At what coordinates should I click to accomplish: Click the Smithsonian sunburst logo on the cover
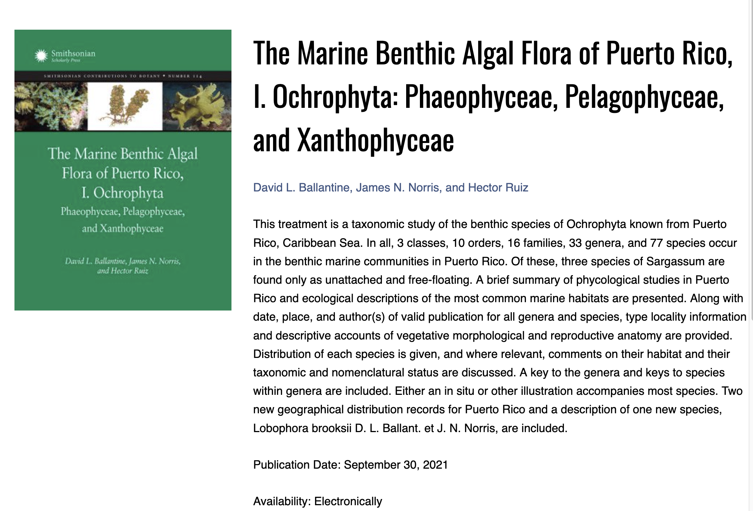click(41, 55)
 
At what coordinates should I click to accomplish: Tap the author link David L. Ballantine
click(302, 187)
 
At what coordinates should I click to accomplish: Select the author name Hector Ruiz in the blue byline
click(498, 187)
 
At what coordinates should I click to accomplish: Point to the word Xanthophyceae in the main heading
click(375, 140)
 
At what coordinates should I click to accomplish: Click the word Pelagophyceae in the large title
click(644, 97)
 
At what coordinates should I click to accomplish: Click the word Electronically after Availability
click(348, 501)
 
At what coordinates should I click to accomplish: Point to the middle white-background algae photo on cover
click(125, 106)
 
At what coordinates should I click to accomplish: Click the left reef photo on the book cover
click(51, 106)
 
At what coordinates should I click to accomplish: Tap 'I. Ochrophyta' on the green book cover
click(122, 193)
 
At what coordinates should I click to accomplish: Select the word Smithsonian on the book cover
click(73, 54)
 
